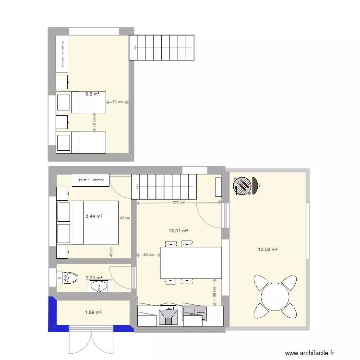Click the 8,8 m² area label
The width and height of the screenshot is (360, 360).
coord(92,95)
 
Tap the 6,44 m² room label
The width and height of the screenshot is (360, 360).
coord(94,216)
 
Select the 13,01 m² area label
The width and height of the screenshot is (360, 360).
coord(178,231)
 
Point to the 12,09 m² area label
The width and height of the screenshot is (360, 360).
coord(268,249)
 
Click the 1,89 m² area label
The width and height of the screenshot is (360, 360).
coord(94,313)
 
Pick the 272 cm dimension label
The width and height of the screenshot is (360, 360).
coord(179,203)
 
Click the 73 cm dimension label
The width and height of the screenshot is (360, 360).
coord(117,102)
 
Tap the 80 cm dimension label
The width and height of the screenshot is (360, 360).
coord(149,255)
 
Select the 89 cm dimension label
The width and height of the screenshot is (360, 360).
coord(214,292)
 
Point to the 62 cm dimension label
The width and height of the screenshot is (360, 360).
coord(94,123)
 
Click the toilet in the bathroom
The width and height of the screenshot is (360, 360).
coord(67,277)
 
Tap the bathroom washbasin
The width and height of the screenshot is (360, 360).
coord(99,287)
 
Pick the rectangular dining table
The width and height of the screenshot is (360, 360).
coord(191,263)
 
